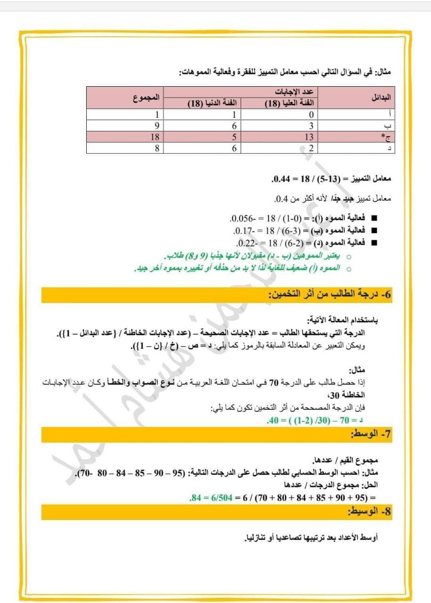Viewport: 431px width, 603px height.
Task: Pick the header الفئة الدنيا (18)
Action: [214, 104]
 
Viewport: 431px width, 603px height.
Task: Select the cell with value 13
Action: [310, 137]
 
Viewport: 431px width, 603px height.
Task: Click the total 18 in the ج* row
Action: [154, 137]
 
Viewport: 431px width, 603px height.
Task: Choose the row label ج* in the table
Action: [386, 137]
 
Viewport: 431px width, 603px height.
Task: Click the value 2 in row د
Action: [311, 148]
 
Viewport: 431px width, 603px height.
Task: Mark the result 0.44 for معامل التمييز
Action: [279, 179]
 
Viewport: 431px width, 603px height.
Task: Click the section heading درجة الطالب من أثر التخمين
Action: [329, 295]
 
